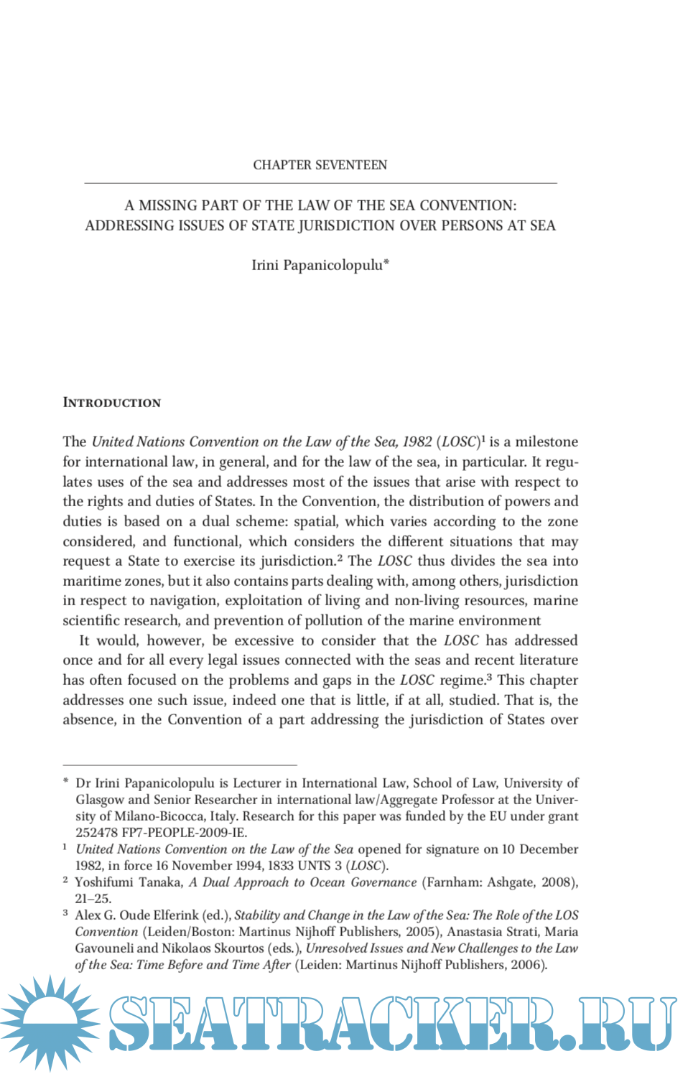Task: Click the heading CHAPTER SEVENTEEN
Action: pyautogui.click(x=320, y=165)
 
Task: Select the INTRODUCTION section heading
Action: pyautogui.click(x=112, y=403)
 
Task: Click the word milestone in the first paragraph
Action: pyautogui.click(x=546, y=442)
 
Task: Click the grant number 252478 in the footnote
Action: pyautogui.click(x=97, y=833)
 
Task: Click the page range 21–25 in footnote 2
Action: pyautogui.click(x=93, y=899)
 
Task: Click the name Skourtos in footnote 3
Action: pyautogui.click(x=238, y=948)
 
